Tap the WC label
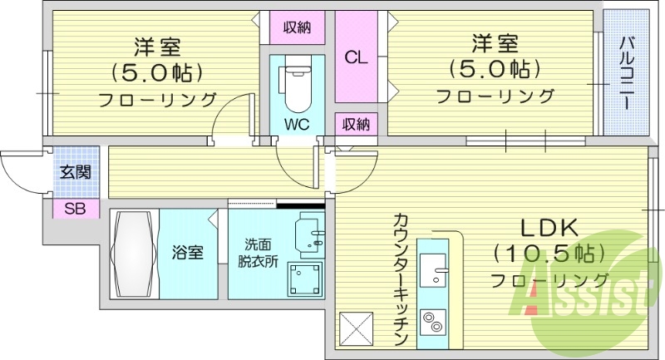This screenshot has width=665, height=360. pos(297,125)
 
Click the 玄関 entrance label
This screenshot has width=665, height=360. pos(76,174)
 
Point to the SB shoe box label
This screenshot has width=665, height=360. pos(76,209)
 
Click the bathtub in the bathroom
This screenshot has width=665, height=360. pos(133,254)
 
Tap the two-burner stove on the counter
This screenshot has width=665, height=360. pos(433,323)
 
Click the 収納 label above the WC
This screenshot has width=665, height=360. pos(297,27)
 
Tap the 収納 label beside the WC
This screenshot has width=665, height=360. pos(357,125)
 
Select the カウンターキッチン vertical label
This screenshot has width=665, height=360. pos(400,279)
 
